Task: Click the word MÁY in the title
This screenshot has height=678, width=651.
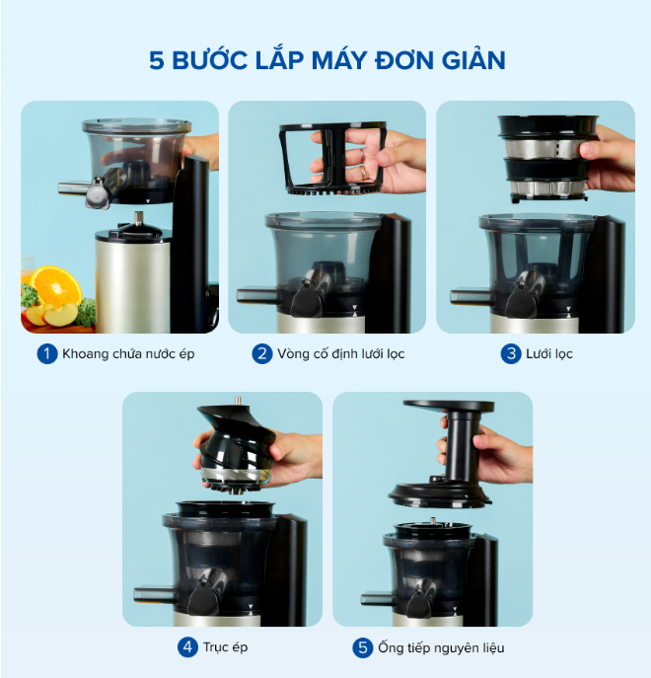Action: click(x=339, y=59)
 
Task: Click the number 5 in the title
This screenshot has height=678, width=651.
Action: click(x=157, y=60)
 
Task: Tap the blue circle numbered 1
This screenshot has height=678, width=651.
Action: click(x=47, y=353)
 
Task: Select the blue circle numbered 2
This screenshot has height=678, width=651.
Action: click(x=262, y=353)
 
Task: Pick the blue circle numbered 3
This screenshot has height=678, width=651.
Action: click(x=511, y=353)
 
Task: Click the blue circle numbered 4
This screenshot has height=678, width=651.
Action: click(x=187, y=647)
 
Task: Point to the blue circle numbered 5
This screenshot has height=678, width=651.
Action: click(x=363, y=647)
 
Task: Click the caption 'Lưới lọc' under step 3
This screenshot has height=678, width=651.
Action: click(x=549, y=354)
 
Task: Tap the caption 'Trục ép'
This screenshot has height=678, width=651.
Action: click(x=225, y=647)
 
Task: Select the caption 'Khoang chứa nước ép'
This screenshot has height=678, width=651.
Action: click(x=128, y=354)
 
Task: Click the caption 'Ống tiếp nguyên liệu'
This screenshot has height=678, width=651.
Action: click(x=441, y=647)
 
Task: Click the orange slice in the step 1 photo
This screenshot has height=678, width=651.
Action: click(x=56, y=286)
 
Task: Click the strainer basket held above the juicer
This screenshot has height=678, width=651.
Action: click(x=548, y=158)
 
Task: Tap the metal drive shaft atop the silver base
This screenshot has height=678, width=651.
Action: click(x=138, y=219)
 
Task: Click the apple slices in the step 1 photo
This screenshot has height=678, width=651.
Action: click(x=51, y=315)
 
